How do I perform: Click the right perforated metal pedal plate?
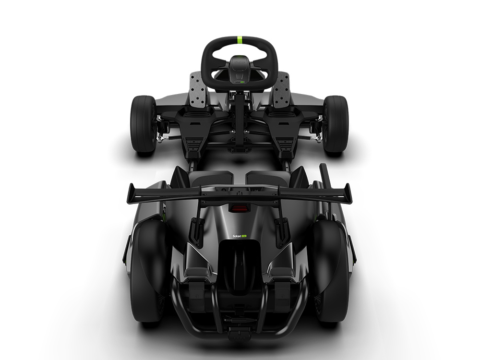[x=281, y=90]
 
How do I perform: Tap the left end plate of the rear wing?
[x=131, y=193]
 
